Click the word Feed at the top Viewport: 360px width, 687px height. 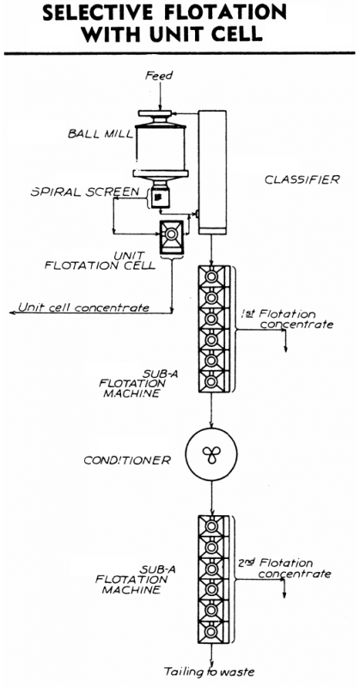coord(159,76)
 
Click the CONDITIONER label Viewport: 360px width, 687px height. coord(127,459)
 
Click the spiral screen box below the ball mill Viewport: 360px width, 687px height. coord(161,197)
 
